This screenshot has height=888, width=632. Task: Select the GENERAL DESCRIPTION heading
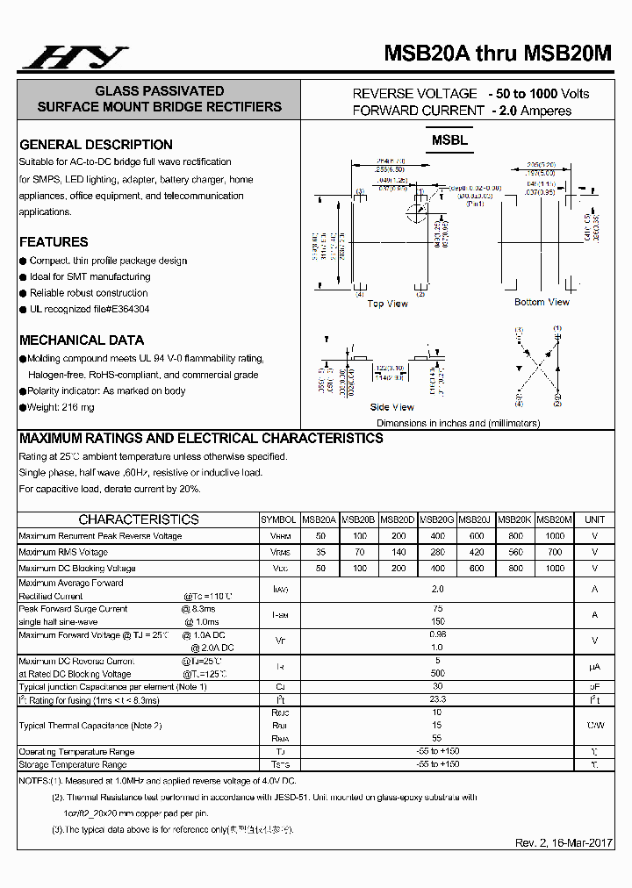pyautogui.click(x=96, y=145)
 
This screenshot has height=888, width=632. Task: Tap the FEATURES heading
pyautogui.click(x=54, y=242)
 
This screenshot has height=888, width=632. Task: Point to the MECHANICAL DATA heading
pyautogui.click(x=82, y=340)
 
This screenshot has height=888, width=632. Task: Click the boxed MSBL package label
pyautogui.click(x=449, y=140)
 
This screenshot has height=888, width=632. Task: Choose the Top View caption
pyautogui.click(x=387, y=304)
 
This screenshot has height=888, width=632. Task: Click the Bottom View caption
pyautogui.click(x=542, y=302)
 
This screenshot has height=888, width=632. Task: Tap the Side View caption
pyautogui.click(x=391, y=407)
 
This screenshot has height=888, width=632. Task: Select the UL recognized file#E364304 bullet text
pyautogui.click(x=90, y=310)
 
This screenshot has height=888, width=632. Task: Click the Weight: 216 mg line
pyautogui.click(x=61, y=407)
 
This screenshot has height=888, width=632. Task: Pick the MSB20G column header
pyautogui.click(x=437, y=519)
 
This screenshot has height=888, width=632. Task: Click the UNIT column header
pyautogui.click(x=594, y=519)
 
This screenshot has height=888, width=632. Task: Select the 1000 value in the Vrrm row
pyautogui.click(x=555, y=535)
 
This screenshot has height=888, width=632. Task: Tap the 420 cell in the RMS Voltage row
pyautogui.click(x=476, y=552)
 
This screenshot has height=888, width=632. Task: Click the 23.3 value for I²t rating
pyautogui.click(x=438, y=699)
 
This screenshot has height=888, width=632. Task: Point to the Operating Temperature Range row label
pyautogui.click(x=76, y=752)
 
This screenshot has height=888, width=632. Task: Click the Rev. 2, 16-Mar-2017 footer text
pyautogui.click(x=564, y=843)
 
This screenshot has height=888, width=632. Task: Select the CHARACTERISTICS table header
pyautogui.click(x=139, y=519)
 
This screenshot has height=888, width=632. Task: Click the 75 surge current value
pyautogui.click(x=438, y=608)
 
